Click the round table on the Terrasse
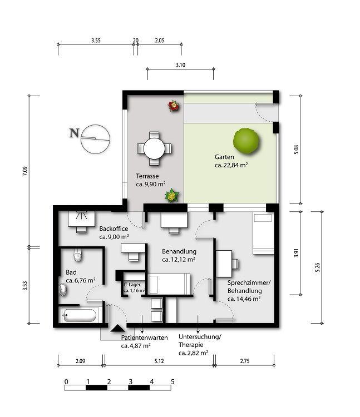coord(154,148)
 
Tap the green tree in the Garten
coord(246,141)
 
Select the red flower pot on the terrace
coord(174,106)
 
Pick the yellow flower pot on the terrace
coord(171,196)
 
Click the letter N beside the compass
coord(74,133)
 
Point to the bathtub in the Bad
coord(80,315)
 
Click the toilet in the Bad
coord(77,255)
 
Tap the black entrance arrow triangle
coord(117,329)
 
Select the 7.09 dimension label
coord(24,171)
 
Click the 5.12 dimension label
coord(159,361)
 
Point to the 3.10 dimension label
coord(180,65)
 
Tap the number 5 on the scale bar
coord(172,381)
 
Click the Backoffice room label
coord(114,229)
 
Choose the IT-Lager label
coord(132,285)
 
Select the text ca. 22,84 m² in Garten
coord(231,165)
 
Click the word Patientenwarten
coord(145,337)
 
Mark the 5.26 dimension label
coord(317,267)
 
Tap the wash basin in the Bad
coord(63,289)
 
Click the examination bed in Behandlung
coord(169,284)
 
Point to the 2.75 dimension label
coord(245,361)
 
